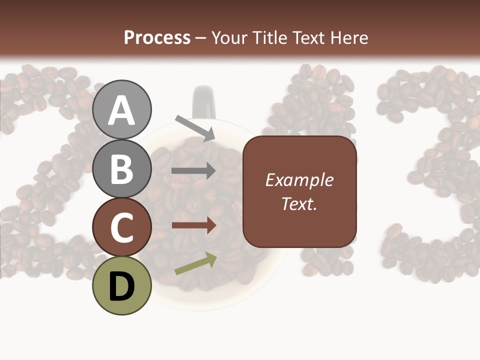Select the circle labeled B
tap(122, 168)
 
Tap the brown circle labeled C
tap(122, 227)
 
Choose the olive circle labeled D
tap(122, 285)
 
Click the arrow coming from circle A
tap(195, 127)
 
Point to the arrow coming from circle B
tap(193, 171)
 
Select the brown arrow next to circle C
tap(193, 225)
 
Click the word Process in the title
tap(157, 38)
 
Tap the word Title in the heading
tap(271, 38)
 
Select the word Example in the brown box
tap(299, 180)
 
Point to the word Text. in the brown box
tap(299, 204)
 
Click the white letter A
tap(122, 110)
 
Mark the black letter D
tap(122, 286)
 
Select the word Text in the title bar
tap(307, 38)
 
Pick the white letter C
tap(122, 228)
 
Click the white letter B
tap(122, 169)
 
